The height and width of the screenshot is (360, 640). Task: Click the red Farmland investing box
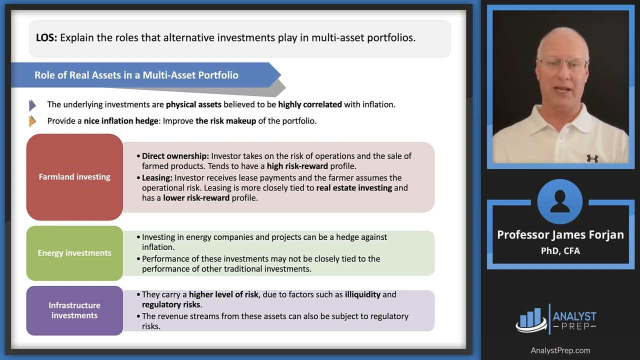[x=74, y=177]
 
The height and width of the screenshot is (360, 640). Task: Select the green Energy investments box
[x=74, y=253]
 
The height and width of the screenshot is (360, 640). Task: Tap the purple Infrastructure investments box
[x=74, y=310]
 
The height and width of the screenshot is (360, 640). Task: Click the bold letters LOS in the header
[x=46, y=37]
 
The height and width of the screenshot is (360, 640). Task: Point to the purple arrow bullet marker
[x=32, y=105]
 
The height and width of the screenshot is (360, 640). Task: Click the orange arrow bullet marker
[x=32, y=121]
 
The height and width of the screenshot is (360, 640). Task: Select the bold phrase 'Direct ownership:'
[x=175, y=156]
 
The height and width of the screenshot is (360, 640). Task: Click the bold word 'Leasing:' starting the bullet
[x=157, y=178]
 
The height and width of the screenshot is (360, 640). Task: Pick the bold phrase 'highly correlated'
[x=310, y=105]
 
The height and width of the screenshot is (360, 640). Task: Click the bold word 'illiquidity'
[x=363, y=294]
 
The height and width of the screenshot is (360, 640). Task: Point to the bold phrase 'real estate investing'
[x=354, y=188]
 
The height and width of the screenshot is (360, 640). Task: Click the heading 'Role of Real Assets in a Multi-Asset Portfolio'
[x=136, y=75]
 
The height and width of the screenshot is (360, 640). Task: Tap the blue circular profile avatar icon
[x=560, y=201]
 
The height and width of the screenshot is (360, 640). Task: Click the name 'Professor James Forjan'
[x=560, y=235]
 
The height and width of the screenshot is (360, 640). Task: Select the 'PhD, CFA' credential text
[x=560, y=251]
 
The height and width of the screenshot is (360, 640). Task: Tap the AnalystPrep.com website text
[x=560, y=350]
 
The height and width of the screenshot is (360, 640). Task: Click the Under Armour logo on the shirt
[x=592, y=158]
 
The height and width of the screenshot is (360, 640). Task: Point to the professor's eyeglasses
[x=561, y=63]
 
